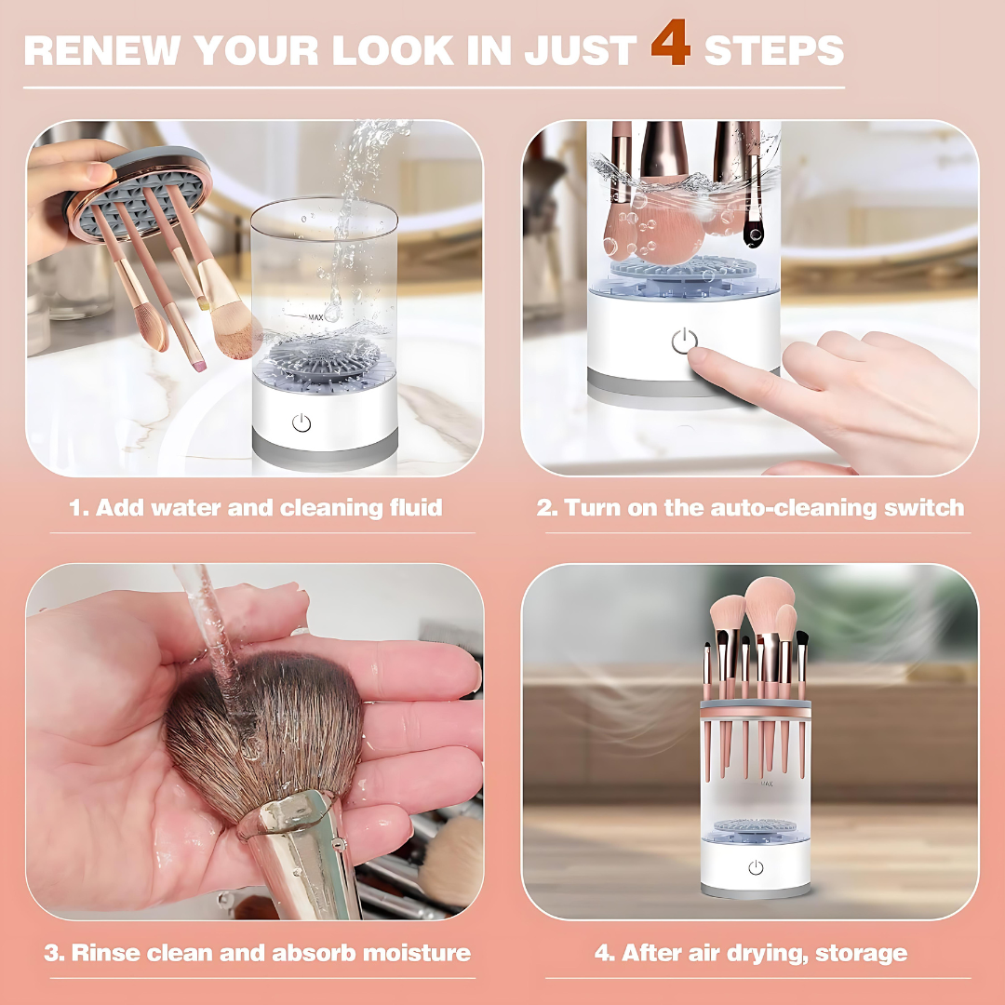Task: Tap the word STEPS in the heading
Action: coord(773,50)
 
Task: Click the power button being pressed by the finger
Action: coord(684,342)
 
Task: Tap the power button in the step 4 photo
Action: coord(756,867)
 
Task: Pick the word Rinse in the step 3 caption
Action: coord(110,953)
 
